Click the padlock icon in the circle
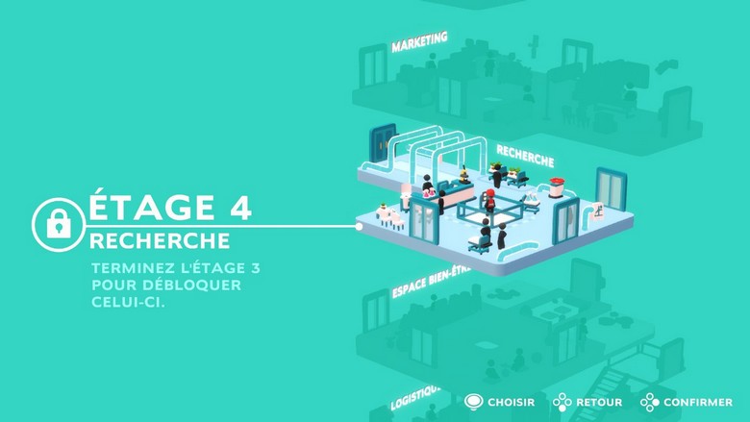click(x=59, y=224)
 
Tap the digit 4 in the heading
click(x=239, y=207)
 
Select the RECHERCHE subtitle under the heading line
click(x=160, y=241)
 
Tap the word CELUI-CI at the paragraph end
click(x=128, y=302)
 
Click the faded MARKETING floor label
click(x=419, y=42)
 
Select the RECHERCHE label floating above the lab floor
click(x=525, y=157)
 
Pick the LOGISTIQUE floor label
click(x=415, y=398)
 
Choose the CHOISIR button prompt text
click(x=511, y=403)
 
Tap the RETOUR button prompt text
click(x=599, y=403)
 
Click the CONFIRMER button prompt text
click(x=698, y=403)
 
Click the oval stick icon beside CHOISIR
click(x=473, y=402)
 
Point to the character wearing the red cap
click(x=489, y=200)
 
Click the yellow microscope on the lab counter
click(x=463, y=175)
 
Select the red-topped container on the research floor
click(x=556, y=186)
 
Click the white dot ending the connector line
click(x=359, y=227)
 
